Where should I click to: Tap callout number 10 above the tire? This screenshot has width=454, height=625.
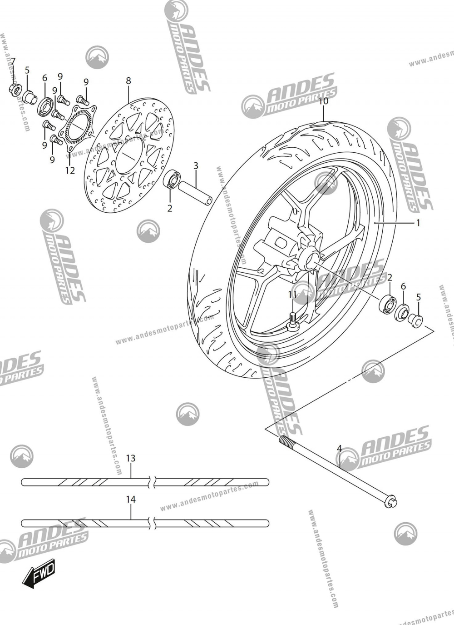point(323,101)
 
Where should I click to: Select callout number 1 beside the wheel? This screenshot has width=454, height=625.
point(418,223)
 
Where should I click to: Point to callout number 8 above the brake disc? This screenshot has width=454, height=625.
point(128,80)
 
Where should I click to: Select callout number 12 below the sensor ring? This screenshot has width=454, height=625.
point(69,170)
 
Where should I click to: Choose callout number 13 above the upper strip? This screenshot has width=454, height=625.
point(131,458)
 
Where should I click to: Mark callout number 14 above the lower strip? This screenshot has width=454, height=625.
point(131,499)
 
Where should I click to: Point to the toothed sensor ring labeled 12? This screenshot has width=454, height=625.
point(77,127)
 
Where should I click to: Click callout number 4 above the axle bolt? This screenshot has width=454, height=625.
point(339,449)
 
